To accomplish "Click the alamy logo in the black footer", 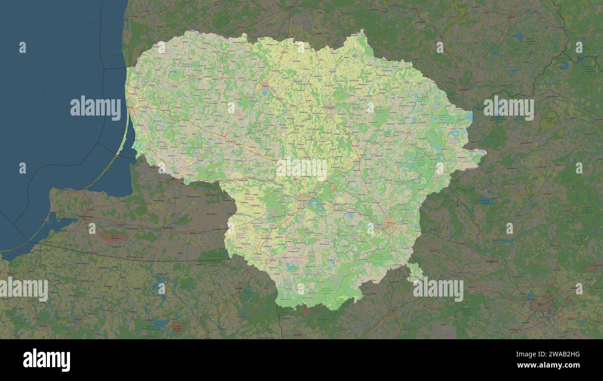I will (x=46, y=360).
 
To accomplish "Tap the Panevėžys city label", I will (x=330, y=108).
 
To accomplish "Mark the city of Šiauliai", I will (x=265, y=85).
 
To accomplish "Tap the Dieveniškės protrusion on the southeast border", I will (x=414, y=271).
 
